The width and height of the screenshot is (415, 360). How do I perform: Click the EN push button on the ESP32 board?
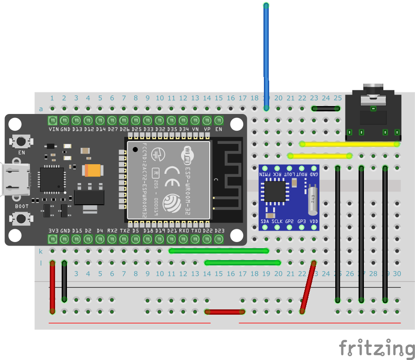point(20,141)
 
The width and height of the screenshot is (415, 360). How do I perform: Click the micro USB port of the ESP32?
point(13,180)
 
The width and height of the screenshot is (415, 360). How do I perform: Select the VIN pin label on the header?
point(53,129)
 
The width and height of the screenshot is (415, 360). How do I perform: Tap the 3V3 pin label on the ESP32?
point(53,231)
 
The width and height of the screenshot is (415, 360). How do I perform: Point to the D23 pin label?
point(219,231)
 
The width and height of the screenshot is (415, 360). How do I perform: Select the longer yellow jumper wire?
point(349,143)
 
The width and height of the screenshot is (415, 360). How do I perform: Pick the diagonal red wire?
point(308,287)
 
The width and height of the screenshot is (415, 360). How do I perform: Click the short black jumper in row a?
point(326,108)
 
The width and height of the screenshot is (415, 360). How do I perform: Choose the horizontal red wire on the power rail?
point(224,312)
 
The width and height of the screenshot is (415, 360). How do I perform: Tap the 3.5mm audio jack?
point(374,112)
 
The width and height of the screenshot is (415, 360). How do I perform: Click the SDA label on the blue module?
point(266,221)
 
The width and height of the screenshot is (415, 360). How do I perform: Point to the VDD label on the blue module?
point(314,221)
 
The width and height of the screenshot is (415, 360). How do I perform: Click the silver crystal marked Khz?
point(313,198)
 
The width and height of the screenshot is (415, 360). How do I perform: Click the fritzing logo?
point(377,348)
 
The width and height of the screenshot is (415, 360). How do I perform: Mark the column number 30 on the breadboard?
point(397,274)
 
